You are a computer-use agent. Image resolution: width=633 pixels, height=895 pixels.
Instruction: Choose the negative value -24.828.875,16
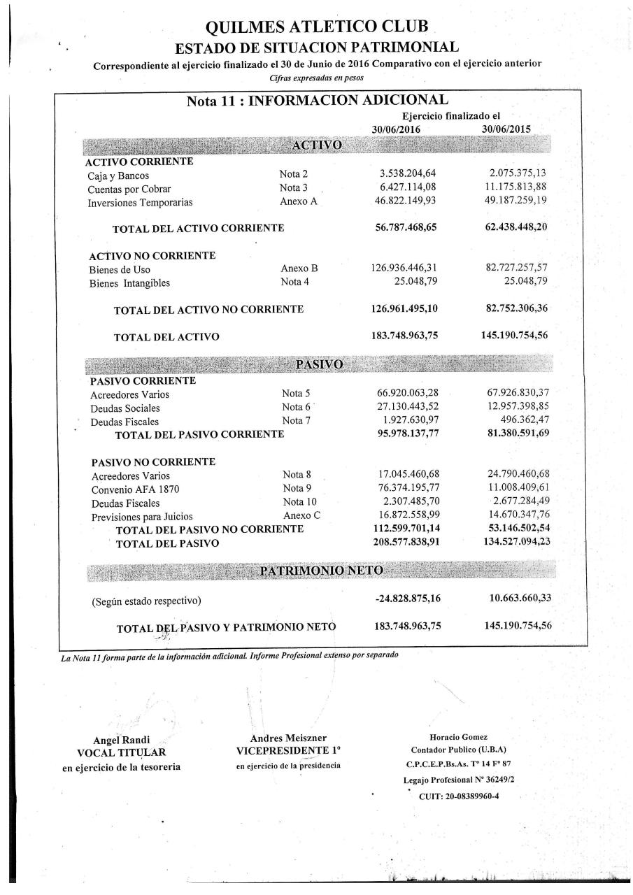tap(407, 599)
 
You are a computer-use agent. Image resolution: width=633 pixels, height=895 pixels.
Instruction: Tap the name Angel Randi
tap(121, 740)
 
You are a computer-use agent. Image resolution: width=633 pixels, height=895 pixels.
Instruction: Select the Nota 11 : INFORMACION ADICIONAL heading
tap(318, 101)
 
